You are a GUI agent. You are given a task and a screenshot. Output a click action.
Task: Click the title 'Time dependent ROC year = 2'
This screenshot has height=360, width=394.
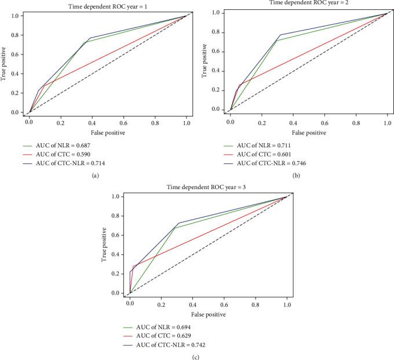309,3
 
